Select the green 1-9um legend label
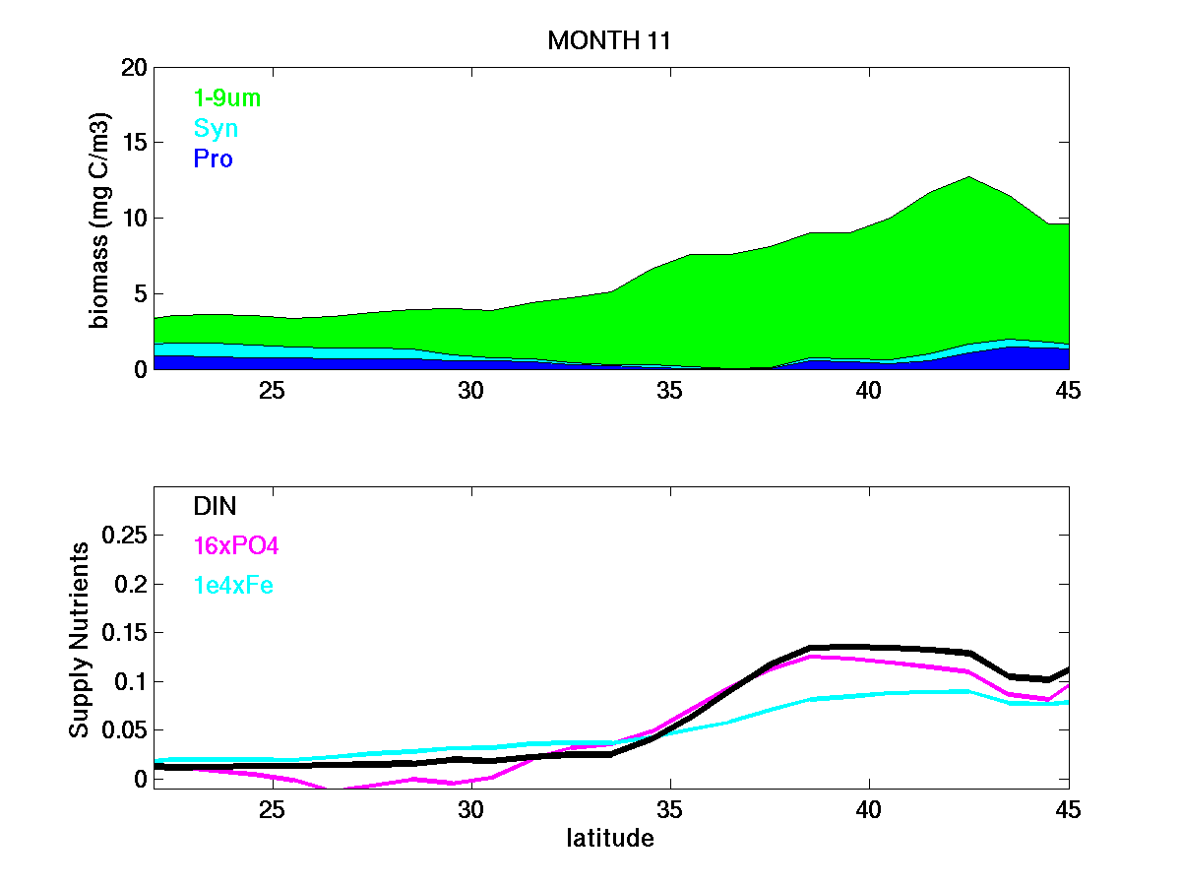[227, 97]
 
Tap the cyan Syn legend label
[216, 128]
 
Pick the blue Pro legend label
[214, 158]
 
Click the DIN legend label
[215, 506]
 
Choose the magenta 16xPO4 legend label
[236, 545]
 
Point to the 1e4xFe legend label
[233, 586]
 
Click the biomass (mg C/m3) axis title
[100, 219]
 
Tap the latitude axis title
[610, 839]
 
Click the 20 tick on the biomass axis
[136, 68]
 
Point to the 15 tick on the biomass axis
[136, 143]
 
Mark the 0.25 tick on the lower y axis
[126, 536]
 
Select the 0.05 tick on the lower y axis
[126, 730]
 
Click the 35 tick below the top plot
[669, 390]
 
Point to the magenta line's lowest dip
[333, 790]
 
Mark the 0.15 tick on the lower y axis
[126, 633]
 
